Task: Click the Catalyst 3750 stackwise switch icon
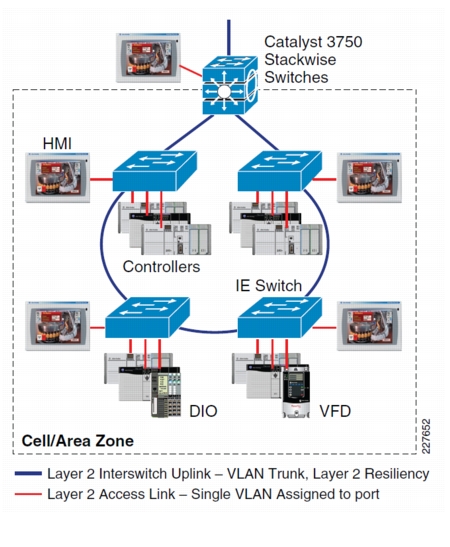(x=230, y=85)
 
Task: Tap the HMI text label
(x=57, y=143)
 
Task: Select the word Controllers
(x=161, y=267)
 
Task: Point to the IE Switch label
(x=269, y=285)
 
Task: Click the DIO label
(x=203, y=411)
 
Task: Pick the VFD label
(x=335, y=411)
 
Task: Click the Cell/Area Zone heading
(x=77, y=441)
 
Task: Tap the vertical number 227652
(x=426, y=436)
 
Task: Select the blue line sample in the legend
(x=28, y=473)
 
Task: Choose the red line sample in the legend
(x=28, y=494)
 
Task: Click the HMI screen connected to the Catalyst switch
(x=148, y=58)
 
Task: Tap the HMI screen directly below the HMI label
(x=58, y=178)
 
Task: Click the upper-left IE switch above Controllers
(x=155, y=171)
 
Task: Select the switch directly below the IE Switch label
(x=279, y=317)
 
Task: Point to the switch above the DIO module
(x=147, y=317)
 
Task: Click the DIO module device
(x=166, y=392)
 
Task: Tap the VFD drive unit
(x=296, y=391)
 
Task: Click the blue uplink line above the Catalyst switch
(x=229, y=37)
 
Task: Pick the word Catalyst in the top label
(x=292, y=42)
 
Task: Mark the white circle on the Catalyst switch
(x=224, y=92)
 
